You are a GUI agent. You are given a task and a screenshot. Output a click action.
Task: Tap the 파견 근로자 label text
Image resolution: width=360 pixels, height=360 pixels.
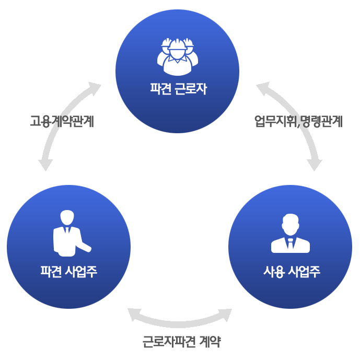click(178, 89)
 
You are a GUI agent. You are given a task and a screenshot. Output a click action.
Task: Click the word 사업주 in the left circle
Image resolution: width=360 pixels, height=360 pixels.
click(82, 272)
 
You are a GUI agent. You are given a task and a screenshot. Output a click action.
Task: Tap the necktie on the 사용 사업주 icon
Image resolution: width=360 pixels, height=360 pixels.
click(291, 243)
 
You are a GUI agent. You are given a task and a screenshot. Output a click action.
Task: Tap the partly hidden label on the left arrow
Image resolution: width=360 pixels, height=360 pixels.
click(62, 123)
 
